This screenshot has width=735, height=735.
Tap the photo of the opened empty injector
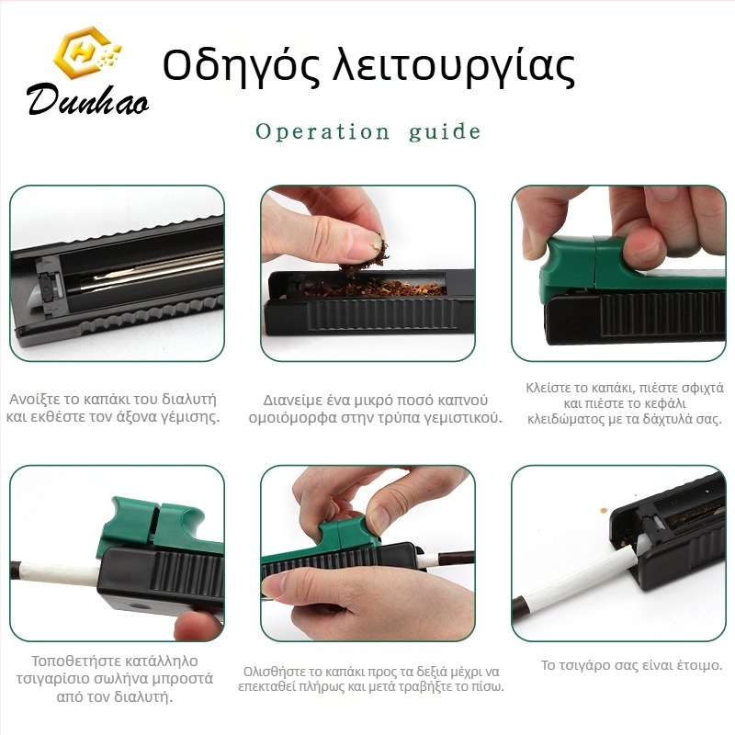pyautogui.click(x=117, y=274)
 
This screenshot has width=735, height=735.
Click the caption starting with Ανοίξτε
pyautogui.click(x=114, y=408)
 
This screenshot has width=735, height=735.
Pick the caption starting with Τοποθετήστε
pyautogui.click(x=114, y=678)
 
